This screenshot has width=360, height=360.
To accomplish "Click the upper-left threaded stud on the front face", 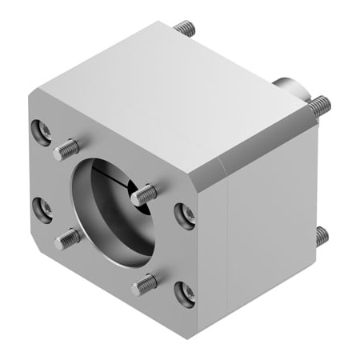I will (67, 148).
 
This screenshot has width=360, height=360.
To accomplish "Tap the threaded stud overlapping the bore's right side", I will (145, 194).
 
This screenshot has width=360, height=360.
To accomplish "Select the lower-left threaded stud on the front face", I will (67, 238).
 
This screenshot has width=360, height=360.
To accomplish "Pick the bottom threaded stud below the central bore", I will (145, 282).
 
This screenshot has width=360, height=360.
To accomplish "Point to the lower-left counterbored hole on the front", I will (42, 210).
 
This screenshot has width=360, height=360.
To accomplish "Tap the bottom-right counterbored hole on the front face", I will (185, 292).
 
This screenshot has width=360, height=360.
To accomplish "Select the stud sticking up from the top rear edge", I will (186, 29).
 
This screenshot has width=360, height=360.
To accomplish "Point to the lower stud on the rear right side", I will (321, 236).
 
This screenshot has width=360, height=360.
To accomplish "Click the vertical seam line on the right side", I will (230, 248).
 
